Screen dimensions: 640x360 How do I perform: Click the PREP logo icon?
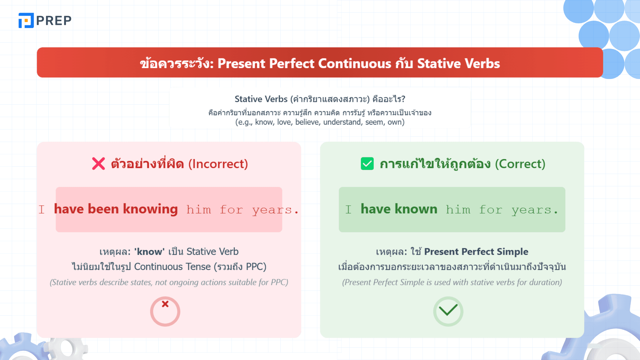click(26, 20)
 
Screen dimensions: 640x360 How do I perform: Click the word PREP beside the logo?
click(54, 21)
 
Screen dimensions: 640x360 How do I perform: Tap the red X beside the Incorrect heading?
click(98, 164)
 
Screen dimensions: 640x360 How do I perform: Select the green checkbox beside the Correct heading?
click(367, 164)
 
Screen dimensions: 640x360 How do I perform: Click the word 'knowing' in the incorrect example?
click(150, 209)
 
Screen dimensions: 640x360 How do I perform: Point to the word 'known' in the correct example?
click(416, 209)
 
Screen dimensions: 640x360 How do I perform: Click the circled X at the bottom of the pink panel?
click(165, 311)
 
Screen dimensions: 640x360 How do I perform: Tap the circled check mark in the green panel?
click(448, 311)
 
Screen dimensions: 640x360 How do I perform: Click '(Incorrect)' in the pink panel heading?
click(218, 164)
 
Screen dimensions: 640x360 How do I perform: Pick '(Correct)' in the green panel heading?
click(520, 164)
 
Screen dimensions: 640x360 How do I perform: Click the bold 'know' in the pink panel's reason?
click(149, 252)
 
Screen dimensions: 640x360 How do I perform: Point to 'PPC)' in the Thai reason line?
click(256, 267)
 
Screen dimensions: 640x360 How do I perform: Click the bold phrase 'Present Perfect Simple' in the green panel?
click(476, 252)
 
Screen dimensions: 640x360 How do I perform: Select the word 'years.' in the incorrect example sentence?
click(275, 210)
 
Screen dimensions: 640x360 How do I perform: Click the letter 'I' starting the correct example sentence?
click(348, 209)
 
